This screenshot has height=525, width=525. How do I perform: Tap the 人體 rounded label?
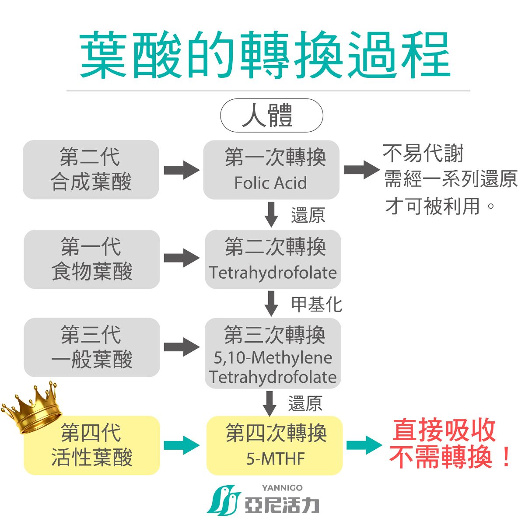271,115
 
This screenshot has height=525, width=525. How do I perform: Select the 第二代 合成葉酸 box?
91,170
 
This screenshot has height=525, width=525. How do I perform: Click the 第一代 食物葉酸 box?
92,259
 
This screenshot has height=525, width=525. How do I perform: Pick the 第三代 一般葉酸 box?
92,347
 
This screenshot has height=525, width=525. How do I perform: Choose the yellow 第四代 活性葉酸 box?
92,445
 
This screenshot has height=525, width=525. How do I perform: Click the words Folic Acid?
270,183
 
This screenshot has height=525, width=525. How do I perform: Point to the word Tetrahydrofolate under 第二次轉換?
273,273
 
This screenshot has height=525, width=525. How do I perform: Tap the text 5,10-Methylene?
273,358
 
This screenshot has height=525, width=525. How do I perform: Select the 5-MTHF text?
275,458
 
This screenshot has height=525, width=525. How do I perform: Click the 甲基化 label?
316,304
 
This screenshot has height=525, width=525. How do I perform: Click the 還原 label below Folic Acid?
308,215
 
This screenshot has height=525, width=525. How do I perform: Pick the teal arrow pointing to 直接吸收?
364,445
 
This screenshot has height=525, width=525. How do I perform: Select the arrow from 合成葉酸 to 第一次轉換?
182,170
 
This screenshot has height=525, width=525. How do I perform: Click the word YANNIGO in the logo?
282,488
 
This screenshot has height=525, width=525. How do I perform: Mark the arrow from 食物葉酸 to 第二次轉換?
182,258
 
